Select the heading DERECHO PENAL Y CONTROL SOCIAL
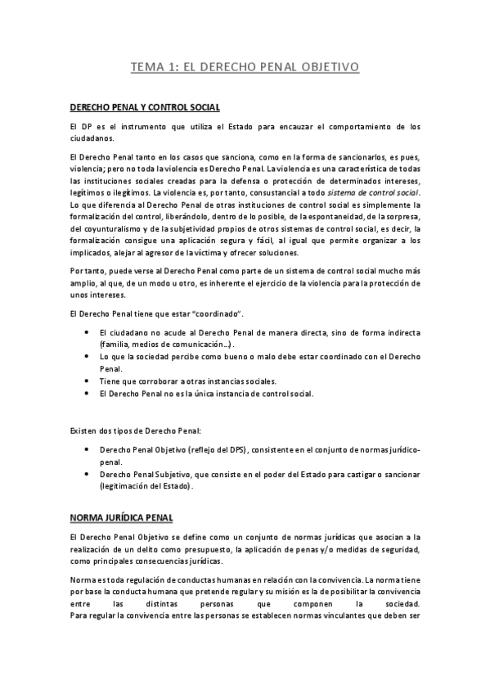point(145,107)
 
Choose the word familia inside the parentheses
point(114,345)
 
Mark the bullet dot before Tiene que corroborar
point(88,381)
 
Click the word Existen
point(83,430)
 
